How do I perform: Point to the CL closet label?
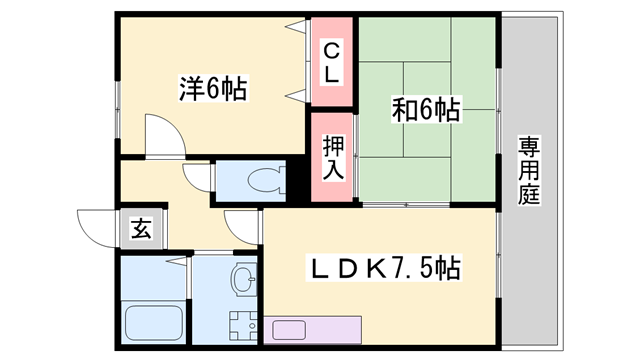332,61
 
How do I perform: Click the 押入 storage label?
333,158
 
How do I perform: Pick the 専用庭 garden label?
528,171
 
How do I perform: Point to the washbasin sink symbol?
243,280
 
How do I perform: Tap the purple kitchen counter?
312,330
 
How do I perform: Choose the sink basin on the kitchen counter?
289,330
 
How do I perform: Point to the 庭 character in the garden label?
528,196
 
